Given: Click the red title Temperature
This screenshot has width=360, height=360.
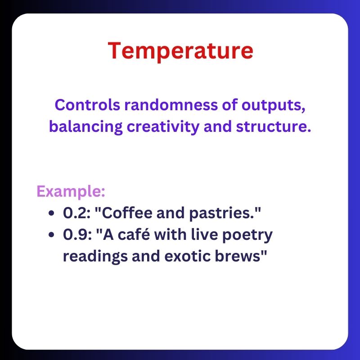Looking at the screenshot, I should point(180,51).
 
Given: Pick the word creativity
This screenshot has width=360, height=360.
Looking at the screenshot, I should point(163,127).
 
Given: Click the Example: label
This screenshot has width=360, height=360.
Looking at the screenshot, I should point(71,191).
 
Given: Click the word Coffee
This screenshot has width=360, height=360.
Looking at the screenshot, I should point(119,213).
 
